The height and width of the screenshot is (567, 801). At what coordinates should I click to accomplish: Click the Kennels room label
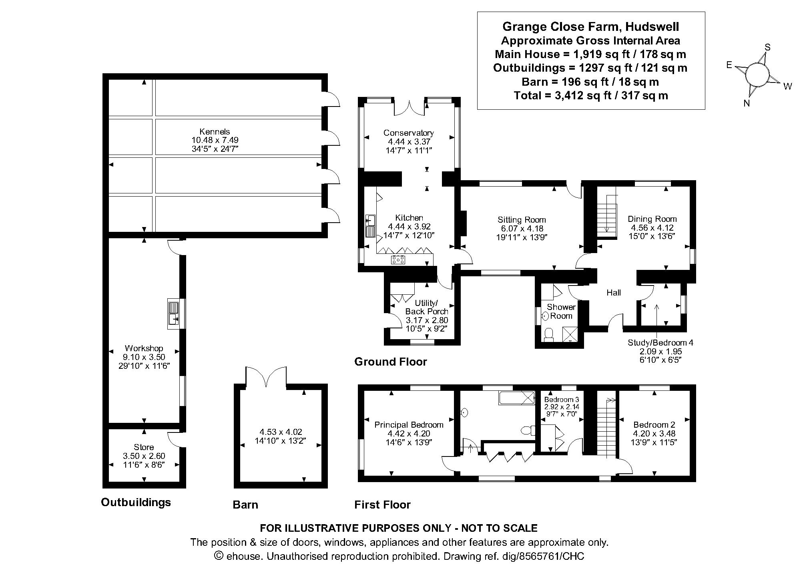point(215,132)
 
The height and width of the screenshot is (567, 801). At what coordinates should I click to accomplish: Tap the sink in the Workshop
point(174,314)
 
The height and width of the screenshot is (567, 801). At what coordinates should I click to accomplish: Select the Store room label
point(144,447)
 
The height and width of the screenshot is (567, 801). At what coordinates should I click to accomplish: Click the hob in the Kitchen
point(398,260)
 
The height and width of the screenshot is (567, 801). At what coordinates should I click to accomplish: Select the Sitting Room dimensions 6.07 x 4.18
point(522,228)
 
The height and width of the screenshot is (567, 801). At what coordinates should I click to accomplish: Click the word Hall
point(613,293)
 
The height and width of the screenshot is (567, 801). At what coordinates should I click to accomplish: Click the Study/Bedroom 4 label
point(660,343)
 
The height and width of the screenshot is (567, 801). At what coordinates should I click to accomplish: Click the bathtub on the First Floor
point(517,398)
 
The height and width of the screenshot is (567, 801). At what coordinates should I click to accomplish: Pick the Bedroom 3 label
point(561,400)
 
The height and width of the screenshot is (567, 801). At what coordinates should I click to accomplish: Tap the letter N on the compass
point(746,103)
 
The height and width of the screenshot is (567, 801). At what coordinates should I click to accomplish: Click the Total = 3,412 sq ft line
point(590,95)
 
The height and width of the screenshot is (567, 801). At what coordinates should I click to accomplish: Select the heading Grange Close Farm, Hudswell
point(590,26)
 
